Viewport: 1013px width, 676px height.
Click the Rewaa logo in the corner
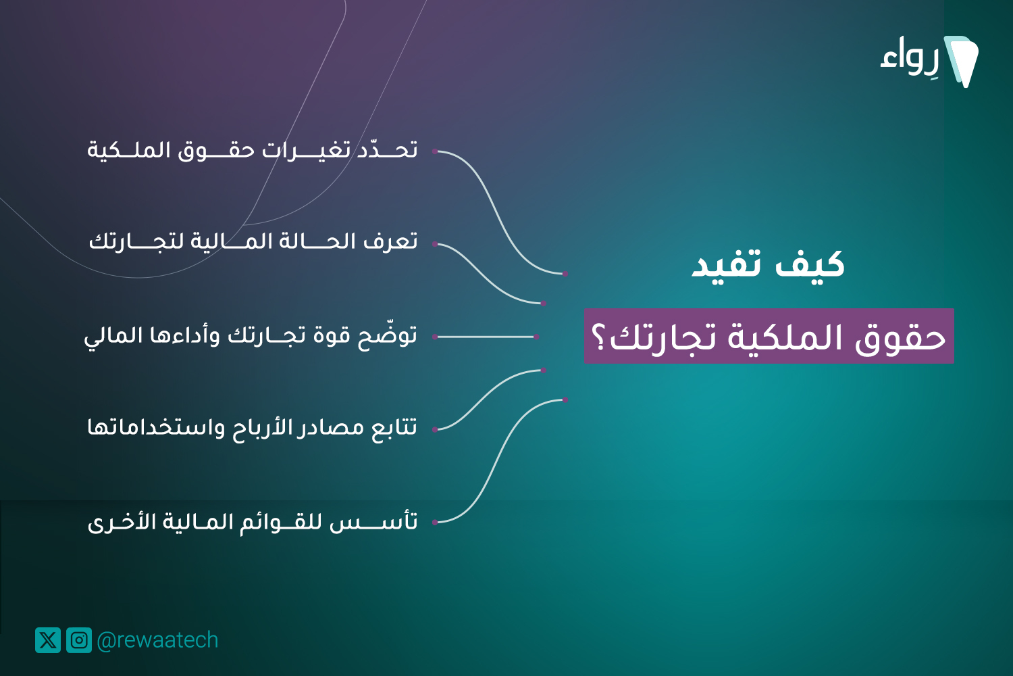click(929, 61)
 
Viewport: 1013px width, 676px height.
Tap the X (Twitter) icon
click(48, 639)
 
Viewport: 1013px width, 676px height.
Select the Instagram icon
click(79, 639)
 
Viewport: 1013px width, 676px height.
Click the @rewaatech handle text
click(157, 640)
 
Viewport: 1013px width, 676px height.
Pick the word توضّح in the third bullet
click(388, 335)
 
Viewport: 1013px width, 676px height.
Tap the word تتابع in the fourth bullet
click(394, 427)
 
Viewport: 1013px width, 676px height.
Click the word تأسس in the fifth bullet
click(373, 522)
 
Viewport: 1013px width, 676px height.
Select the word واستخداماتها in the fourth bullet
click(156, 427)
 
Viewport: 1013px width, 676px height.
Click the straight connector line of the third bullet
click(486, 337)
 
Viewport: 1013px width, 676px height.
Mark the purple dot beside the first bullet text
click(435, 151)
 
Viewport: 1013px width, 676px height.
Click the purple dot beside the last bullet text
click(435, 523)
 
